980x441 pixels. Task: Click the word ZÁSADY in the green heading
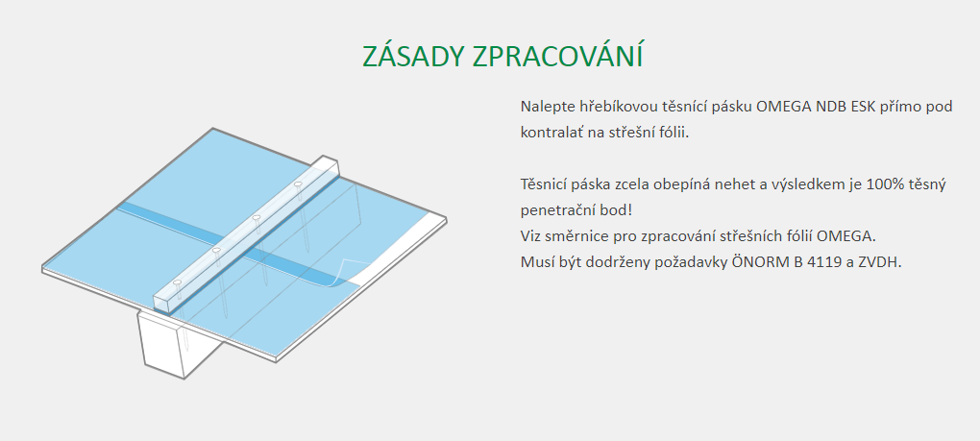pyautogui.click(x=414, y=57)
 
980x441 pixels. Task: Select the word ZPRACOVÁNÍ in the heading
pyautogui.click(x=557, y=57)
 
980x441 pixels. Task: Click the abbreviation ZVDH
pyautogui.click(x=883, y=263)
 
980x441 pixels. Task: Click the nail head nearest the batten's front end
pyautogui.click(x=178, y=282)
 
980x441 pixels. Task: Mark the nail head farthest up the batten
pyautogui.click(x=298, y=184)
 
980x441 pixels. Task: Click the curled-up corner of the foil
pyautogui.click(x=342, y=272)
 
